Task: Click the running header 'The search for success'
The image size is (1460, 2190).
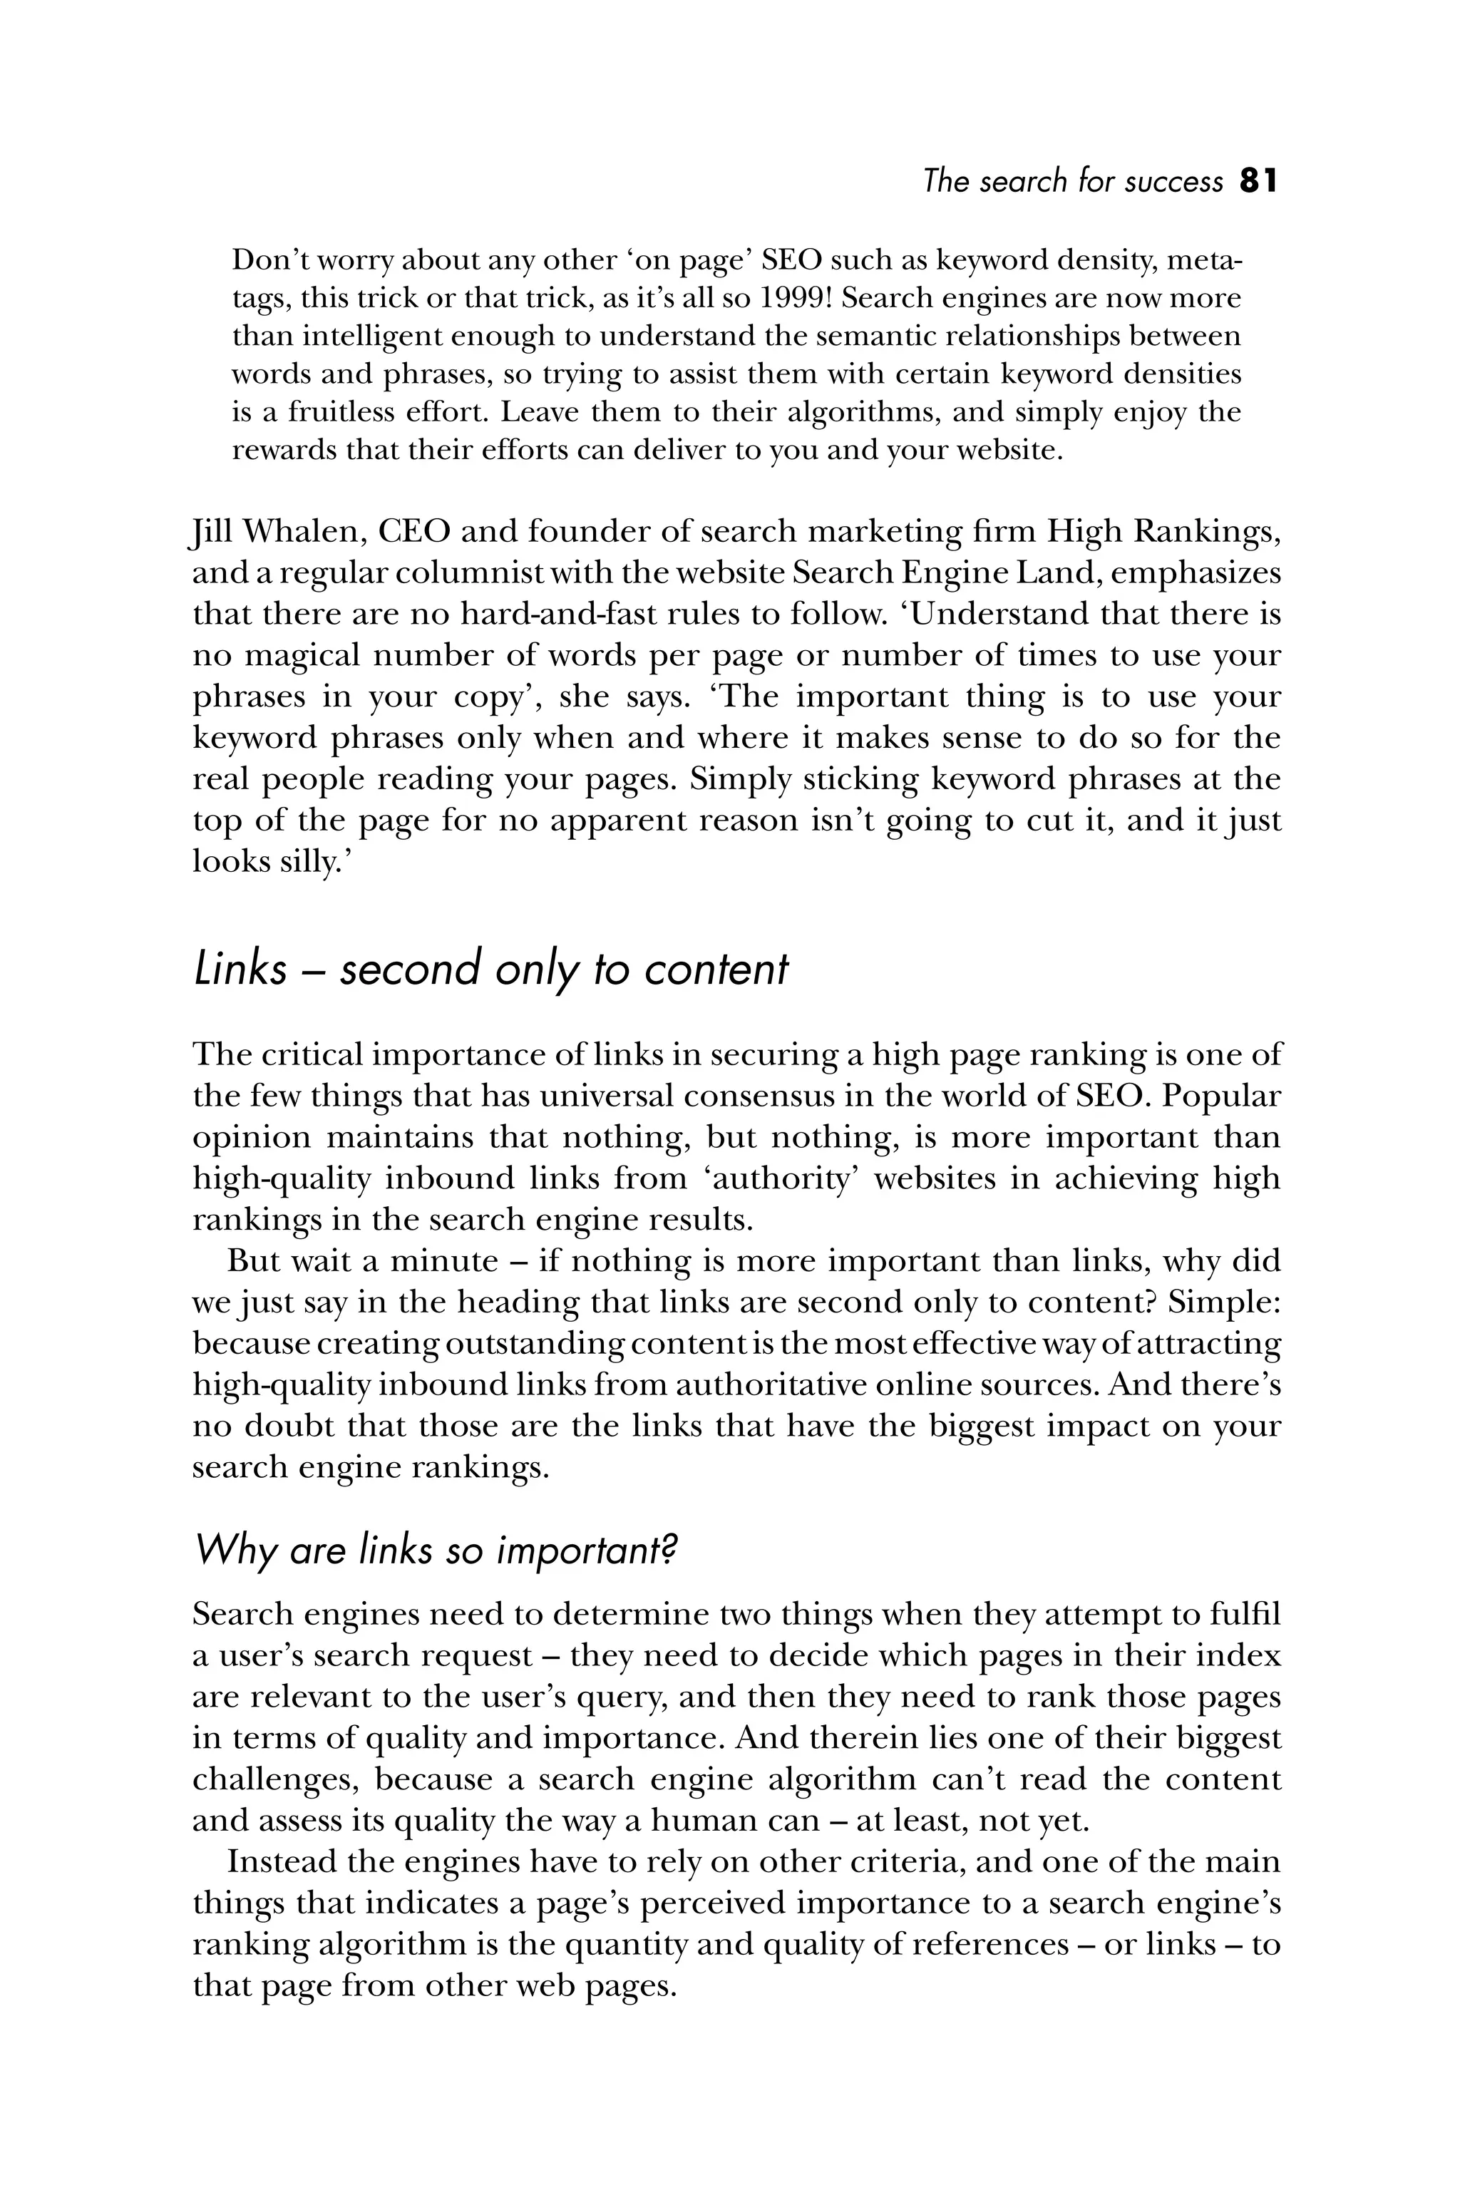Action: [1073, 180]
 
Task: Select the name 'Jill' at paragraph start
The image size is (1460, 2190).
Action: [209, 533]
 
